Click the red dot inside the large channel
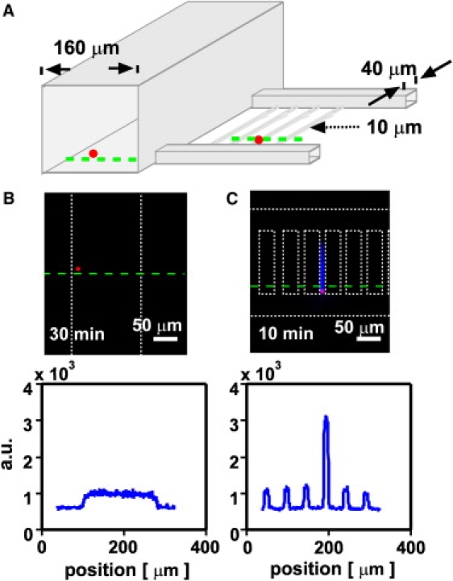(x=94, y=153)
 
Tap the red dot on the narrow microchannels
(x=259, y=140)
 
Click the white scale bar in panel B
(x=164, y=338)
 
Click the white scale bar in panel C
(x=368, y=338)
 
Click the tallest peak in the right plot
(x=326, y=417)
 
